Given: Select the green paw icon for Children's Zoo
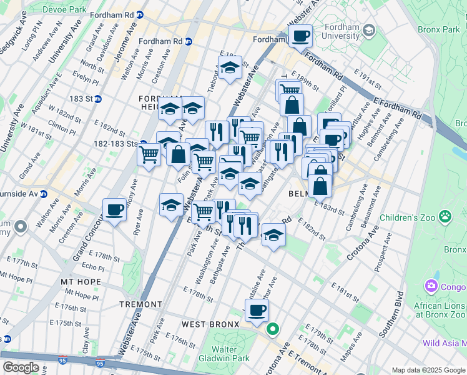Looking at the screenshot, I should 445,217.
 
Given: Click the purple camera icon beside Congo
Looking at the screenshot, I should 431,287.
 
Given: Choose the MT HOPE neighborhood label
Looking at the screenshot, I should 81,282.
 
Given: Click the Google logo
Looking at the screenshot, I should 21,367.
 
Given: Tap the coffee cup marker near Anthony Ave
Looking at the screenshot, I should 114,210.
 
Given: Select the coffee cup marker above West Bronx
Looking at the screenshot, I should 257,309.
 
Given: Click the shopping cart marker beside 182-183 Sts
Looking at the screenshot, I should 149,153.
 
